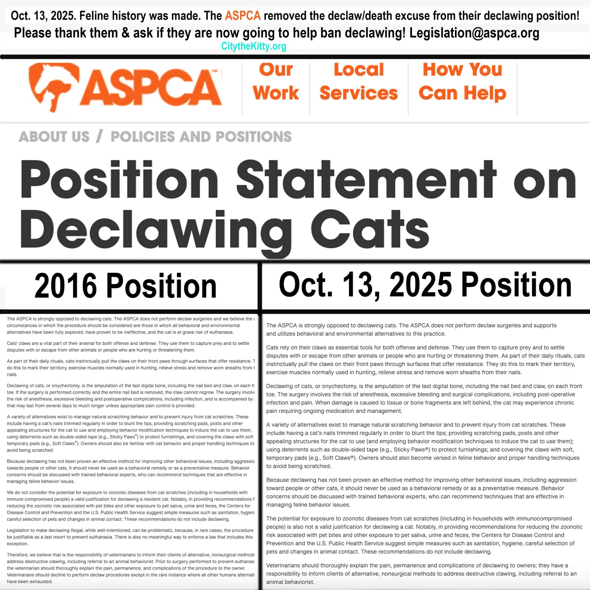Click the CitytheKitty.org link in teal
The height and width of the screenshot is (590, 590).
pos(254,46)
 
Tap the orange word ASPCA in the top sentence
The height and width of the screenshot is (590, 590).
pos(243,16)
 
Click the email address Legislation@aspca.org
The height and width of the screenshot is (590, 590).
pos(474,33)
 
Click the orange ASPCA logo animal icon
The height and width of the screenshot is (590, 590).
pos(54,86)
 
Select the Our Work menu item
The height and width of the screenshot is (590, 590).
pos(276,81)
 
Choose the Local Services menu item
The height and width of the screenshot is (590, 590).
pos(358,81)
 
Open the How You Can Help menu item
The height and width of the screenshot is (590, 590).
pos(462,81)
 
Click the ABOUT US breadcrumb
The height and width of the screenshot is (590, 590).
pos(54,137)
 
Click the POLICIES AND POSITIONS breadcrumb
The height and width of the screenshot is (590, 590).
pos(201,137)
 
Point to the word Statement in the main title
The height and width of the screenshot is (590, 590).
pos(366,180)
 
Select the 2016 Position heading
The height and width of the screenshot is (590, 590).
pos(125,286)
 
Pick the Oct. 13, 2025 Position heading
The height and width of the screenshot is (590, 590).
pos(425,285)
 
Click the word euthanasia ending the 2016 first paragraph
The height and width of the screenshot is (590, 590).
pos(221,332)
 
